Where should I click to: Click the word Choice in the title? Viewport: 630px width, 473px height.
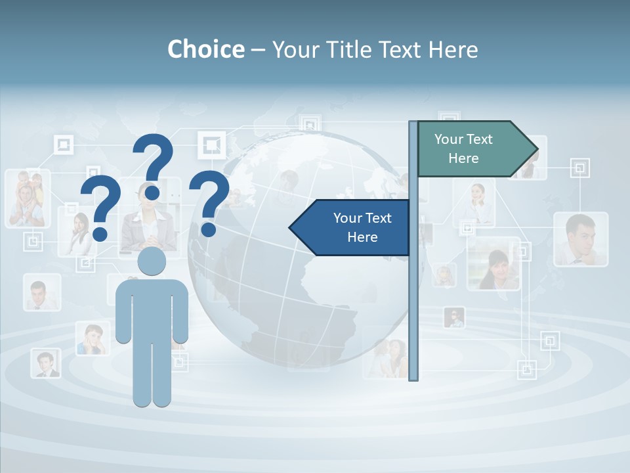click(x=205, y=49)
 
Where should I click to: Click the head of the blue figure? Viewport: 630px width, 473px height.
click(x=152, y=261)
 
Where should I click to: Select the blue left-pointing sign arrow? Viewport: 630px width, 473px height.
click(x=351, y=227)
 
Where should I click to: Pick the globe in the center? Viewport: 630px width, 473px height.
click(x=289, y=276)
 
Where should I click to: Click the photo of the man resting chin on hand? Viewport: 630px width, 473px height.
click(x=580, y=239)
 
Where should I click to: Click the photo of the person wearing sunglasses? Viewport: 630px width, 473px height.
click(x=454, y=318)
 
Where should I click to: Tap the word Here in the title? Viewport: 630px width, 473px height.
click(x=453, y=49)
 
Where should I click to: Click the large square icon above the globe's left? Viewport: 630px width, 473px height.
click(x=211, y=145)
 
